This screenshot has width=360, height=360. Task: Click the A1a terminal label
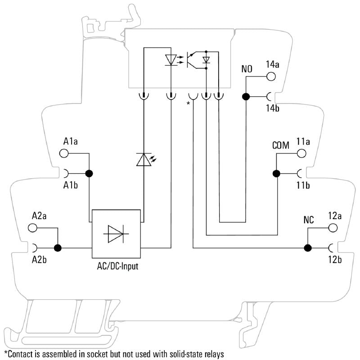(x=71, y=142)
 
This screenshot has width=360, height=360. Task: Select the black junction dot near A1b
(x=89, y=173)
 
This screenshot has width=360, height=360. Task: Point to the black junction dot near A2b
(x=58, y=247)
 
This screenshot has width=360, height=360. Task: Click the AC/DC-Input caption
(x=117, y=266)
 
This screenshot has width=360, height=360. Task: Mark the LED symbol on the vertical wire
(x=143, y=159)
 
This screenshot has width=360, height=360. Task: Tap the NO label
(x=247, y=69)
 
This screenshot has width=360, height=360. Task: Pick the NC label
(x=309, y=220)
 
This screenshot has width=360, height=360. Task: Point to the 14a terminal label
(x=273, y=64)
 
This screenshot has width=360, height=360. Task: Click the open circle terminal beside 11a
(x=301, y=153)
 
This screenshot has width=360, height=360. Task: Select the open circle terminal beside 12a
(x=333, y=228)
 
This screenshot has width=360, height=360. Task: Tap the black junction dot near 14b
(x=246, y=96)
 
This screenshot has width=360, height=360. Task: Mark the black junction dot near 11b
(x=276, y=173)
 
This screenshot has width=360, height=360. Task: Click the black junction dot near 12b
(x=308, y=247)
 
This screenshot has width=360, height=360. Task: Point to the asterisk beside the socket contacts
(x=188, y=104)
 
